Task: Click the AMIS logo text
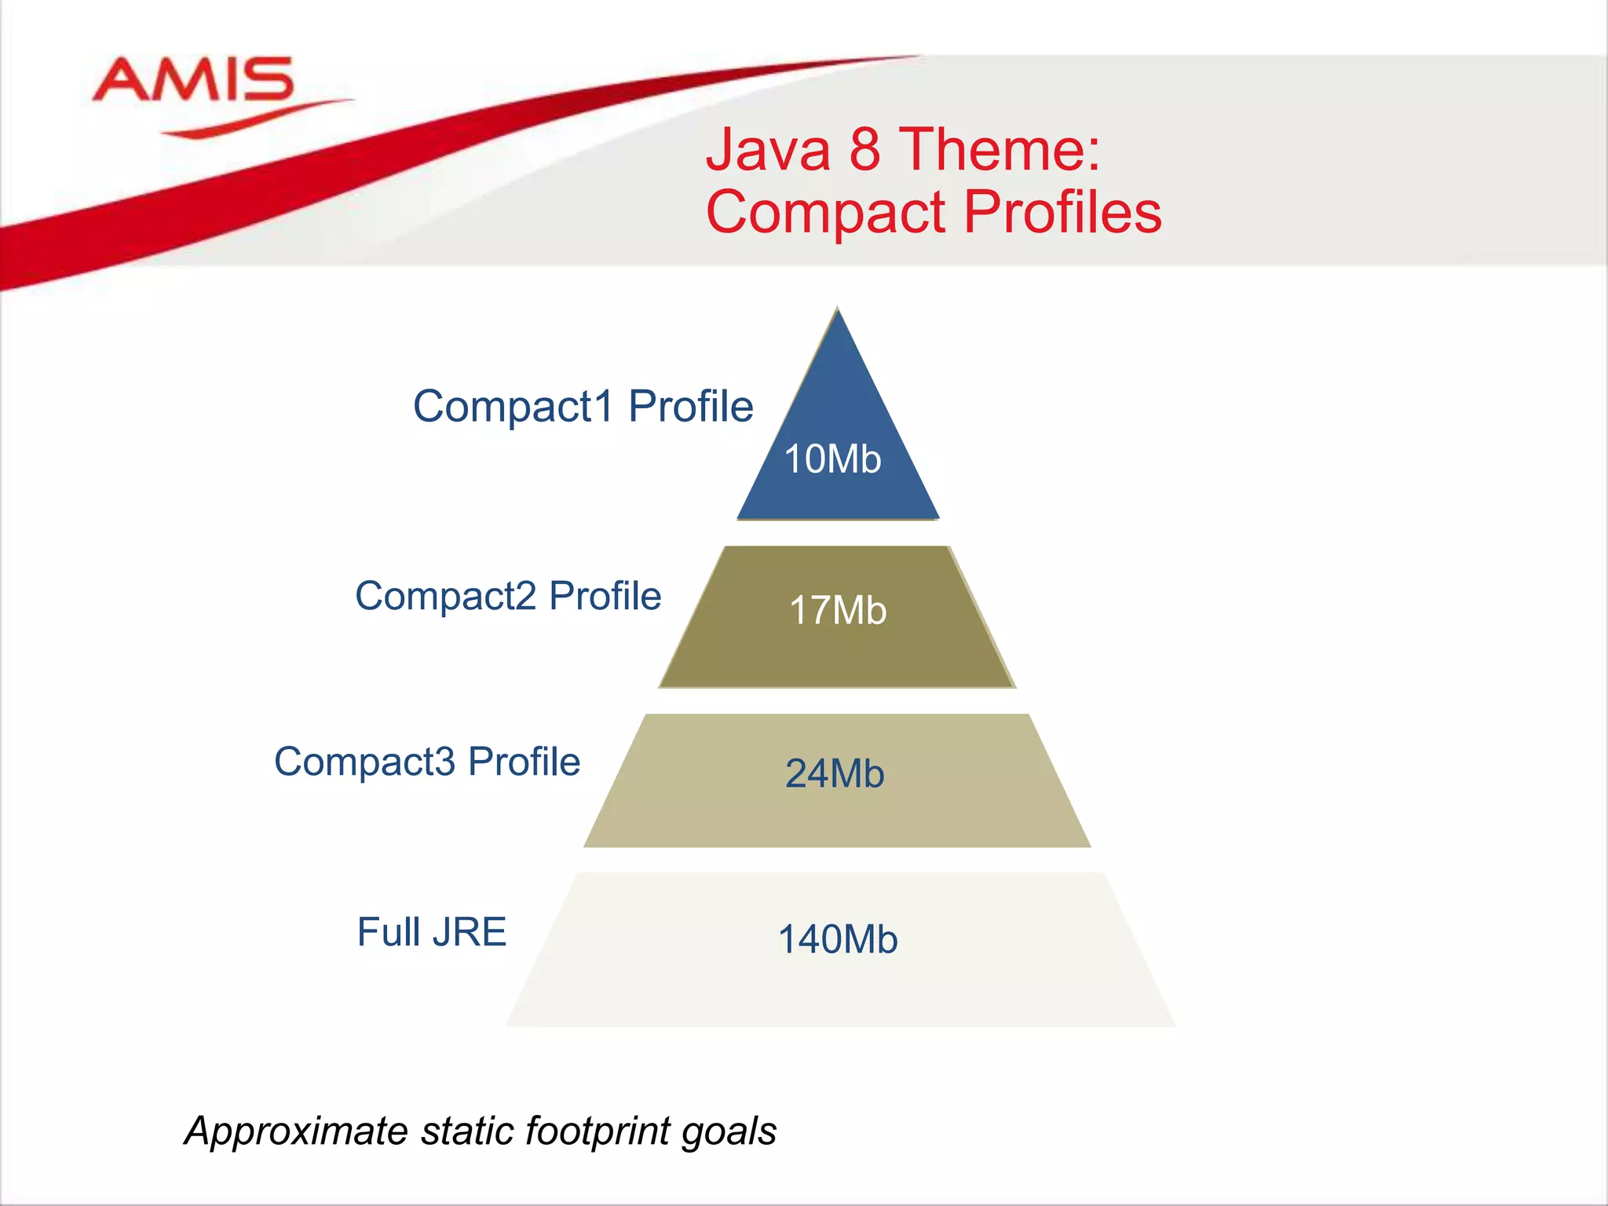tap(193, 80)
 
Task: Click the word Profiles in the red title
tap(1062, 212)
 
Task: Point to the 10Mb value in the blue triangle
tap(832, 459)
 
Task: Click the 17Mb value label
tap(838, 611)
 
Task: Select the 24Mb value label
tap(835, 774)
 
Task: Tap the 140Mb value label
tap(837, 940)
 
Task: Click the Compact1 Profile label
tap(583, 407)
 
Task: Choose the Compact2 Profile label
tap(508, 596)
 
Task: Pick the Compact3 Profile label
tap(427, 762)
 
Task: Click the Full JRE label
tap(432, 933)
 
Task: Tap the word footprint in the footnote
tap(598, 1132)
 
